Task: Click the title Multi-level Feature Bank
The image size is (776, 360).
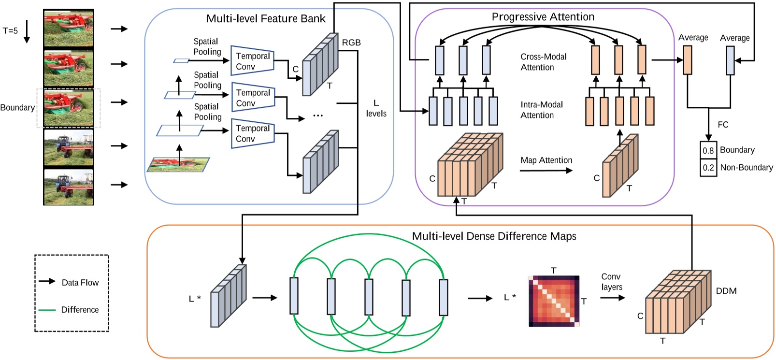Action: pos(266,19)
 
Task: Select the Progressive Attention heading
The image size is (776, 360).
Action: pos(543,17)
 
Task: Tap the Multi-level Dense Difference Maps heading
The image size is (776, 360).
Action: pos(494,236)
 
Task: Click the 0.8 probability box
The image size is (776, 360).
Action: pos(708,150)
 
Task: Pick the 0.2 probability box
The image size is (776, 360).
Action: pos(708,168)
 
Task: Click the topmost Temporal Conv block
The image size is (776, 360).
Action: pos(253,61)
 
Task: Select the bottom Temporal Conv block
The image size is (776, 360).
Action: pos(253,133)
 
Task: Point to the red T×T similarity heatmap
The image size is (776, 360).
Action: pos(554,301)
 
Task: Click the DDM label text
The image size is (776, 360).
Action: pos(726,291)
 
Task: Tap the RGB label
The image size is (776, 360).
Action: pos(351,43)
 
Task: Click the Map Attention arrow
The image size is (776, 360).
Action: pos(546,171)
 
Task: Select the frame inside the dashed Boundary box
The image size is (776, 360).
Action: pos(69,108)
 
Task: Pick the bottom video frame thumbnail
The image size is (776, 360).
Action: pos(69,187)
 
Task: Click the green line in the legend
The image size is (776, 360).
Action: pos(47,310)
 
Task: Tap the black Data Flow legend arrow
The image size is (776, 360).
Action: pos(47,281)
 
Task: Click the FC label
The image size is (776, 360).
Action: pos(723,125)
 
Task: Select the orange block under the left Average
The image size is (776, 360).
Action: pos(687,60)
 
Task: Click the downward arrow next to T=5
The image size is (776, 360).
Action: pos(27,31)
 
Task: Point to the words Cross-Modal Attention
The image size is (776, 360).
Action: pos(543,62)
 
